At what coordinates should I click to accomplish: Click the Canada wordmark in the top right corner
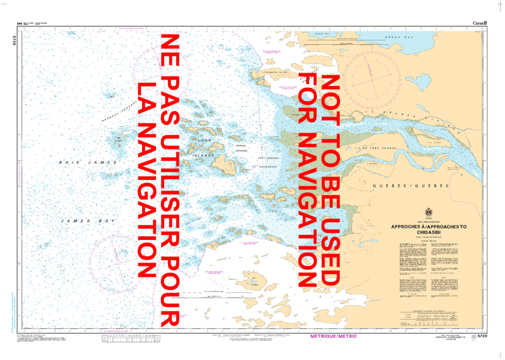pyautogui.click(x=480, y=23)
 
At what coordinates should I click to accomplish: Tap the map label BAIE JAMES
pyautogui.click(x=79, y=162)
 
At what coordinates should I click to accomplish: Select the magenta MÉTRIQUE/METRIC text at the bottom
pyautogui.click(x=334, y=336)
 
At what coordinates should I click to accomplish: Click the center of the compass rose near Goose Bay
pyautogui.click(x=372, y=77)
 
